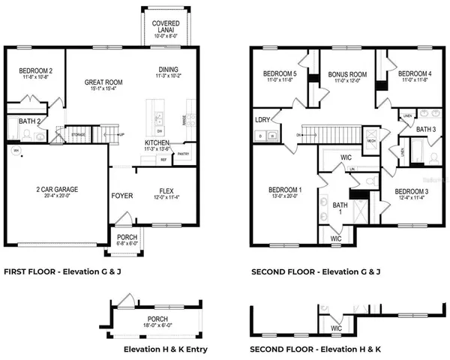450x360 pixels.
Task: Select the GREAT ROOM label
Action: pos(103,83)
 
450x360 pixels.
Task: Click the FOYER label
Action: pos(121,196)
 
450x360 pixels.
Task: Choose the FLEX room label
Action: pos(166,190)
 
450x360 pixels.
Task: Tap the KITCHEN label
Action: pos(157,142)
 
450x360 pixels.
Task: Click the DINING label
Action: pos(167,67)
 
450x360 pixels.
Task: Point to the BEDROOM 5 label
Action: pos(279,73)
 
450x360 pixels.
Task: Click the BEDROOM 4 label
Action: pos(414,73)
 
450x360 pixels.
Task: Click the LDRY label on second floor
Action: pos(262,120)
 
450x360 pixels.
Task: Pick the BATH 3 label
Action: pos(426,130)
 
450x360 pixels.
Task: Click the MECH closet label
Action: pos(371,140)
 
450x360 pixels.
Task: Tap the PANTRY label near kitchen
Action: pos(183,154)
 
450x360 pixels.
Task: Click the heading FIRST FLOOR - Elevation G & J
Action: pos(62,271)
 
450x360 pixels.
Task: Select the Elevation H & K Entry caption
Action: pos(165,349)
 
